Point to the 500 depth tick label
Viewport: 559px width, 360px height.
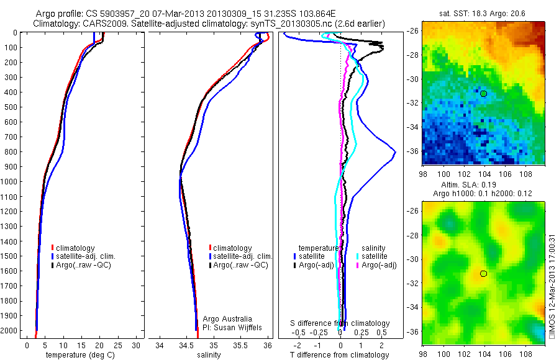[11, 107]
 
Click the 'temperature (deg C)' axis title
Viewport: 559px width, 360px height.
[80, 355]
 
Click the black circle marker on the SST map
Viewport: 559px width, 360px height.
[483, 93]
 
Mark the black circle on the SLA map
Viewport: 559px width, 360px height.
[483, 273]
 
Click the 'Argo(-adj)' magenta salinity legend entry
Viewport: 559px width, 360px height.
[379, 265]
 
